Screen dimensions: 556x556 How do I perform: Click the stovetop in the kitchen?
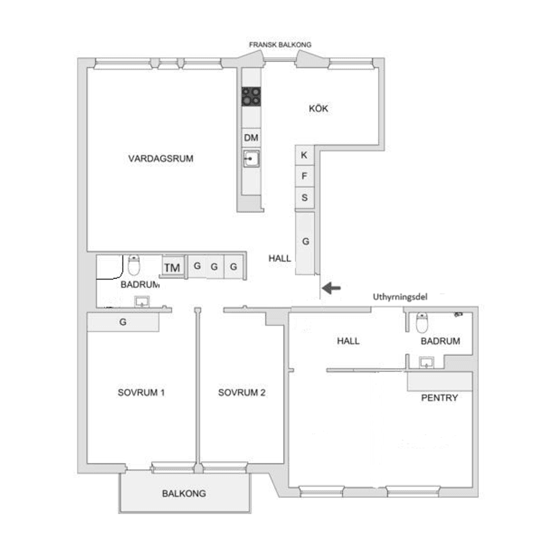251,96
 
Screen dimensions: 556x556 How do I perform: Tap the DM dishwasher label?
251,137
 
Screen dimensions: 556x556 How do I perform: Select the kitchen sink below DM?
251,158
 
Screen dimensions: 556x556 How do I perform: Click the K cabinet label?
304,155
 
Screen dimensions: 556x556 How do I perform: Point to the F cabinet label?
304,176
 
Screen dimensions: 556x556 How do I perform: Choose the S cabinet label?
305,197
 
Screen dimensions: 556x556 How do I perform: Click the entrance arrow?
331,288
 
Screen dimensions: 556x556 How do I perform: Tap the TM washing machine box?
173,268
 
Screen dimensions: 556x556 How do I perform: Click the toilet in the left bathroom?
133,265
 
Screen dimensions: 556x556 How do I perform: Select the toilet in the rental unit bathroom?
422,322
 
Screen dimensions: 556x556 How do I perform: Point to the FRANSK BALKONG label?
280,44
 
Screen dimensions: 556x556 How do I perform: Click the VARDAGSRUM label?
161,158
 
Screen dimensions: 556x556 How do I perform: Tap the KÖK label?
318,108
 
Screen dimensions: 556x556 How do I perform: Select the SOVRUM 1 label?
141,392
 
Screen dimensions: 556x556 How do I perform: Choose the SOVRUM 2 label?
241,392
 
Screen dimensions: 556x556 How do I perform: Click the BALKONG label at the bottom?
184,493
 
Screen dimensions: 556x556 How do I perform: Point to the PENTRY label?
439,398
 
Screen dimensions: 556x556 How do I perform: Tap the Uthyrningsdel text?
400,297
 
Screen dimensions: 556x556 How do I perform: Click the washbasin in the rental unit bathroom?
427,363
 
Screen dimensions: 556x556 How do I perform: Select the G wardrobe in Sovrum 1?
123,322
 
